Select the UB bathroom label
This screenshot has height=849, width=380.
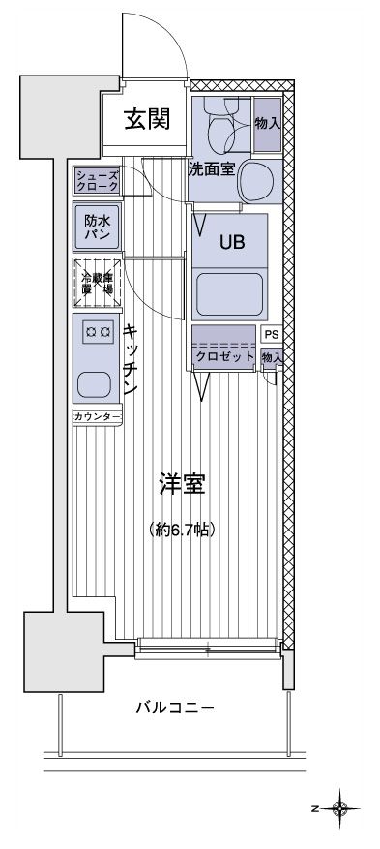coord(230,243)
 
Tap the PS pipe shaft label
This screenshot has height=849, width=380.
coord(272,334)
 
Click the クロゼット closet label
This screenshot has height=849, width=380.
coord(224,357)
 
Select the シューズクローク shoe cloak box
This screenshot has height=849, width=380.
coord(98,180)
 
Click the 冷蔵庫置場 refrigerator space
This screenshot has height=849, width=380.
coord(97,281)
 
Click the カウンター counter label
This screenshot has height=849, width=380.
coord(97,417)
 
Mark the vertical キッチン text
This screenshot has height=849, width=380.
coord(130,358)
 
